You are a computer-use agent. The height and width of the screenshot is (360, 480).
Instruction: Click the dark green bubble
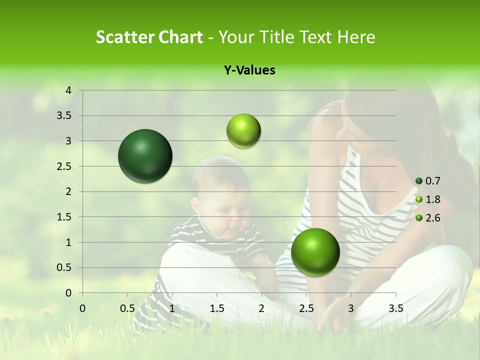click(145, 156)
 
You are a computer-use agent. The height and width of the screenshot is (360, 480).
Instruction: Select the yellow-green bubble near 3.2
click(243, 130)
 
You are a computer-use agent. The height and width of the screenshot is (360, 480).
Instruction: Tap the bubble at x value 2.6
click(315, 251)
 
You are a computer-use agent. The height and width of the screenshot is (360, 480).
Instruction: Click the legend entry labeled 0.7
click(432, 181)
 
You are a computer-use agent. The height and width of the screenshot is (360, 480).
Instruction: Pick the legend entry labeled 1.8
click(432, 199)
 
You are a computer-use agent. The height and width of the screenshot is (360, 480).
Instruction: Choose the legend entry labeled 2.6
click(432, 218)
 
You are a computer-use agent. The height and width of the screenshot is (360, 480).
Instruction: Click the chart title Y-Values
click(249, 70)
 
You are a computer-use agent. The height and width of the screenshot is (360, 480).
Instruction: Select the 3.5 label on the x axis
click(396, 308)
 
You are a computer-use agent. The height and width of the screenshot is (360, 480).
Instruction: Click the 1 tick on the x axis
click(172, 308)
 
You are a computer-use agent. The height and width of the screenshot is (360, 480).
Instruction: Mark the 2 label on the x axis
click(261, 308)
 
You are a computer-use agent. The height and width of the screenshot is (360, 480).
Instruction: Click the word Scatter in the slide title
click(121, 37)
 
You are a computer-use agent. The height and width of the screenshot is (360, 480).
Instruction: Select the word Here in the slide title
click(356, 37)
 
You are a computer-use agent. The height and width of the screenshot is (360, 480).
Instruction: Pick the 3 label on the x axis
click(351, 308)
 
